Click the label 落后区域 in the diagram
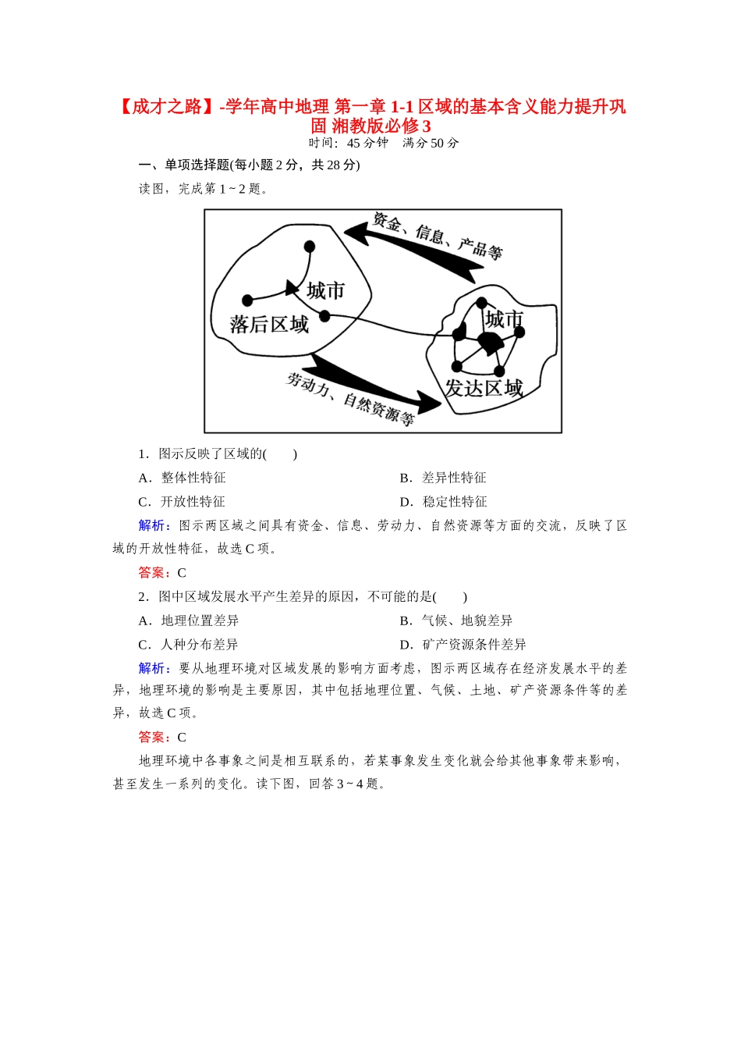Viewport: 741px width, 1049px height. click(x=269, y=324)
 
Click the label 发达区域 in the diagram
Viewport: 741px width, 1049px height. click(x=484, y=388)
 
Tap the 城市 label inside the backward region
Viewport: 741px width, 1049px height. click(x=325, y=291)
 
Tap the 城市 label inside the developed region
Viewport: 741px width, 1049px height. click(x=504, y=319)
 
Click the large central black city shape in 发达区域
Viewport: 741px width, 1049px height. click(x=491, y=343)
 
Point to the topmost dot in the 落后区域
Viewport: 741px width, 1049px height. click(x=310, y=247)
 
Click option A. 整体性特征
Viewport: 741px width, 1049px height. click(x=183, y=478)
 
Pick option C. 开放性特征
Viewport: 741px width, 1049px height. click(x=183, y=502)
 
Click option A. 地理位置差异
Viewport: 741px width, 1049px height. click(x=189, y=621)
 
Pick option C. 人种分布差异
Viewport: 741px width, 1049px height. click(x=189, y=645)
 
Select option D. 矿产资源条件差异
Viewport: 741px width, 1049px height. click(x=463, y=645)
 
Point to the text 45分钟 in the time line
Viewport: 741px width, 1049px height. click(x=367, y=143)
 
